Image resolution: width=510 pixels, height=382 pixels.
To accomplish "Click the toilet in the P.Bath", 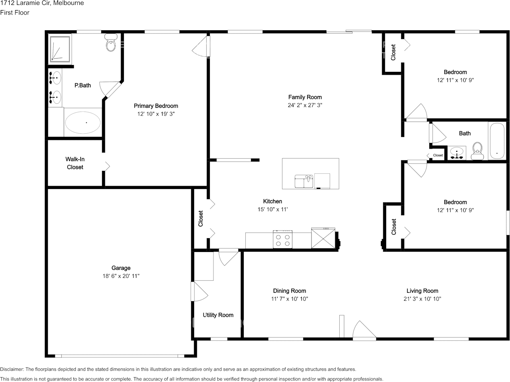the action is click(111, 42).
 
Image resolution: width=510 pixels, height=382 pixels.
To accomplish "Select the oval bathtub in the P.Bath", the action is click(83, 122).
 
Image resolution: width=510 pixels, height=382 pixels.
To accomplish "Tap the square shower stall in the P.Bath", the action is click(60, 49).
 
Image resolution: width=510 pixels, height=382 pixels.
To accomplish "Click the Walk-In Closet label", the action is click(75, 163).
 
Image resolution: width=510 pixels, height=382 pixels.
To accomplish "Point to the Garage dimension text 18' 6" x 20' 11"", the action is click(121, 276).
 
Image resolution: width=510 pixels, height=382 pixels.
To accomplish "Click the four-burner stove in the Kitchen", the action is click(282, 239).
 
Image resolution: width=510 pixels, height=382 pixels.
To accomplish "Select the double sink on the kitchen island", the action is click(304, 181).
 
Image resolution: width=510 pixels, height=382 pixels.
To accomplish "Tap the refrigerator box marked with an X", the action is click(323, 238).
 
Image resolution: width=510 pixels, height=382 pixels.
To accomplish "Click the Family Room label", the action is click(305, 97).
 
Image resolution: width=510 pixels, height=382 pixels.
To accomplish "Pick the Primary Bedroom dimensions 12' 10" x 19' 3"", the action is click(156, 114).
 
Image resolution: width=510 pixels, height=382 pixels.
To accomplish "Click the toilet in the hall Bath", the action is click(477, 151).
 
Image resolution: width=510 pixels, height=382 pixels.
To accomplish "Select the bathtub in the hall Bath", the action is click(497, 141).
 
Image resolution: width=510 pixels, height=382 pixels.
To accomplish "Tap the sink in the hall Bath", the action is click(457, 153).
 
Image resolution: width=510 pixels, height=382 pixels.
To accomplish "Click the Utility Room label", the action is click(218, 315).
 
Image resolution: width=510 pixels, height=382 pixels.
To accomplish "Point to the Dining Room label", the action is click(289, 291).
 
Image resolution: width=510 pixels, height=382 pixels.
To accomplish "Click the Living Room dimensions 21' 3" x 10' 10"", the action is click(422, 299).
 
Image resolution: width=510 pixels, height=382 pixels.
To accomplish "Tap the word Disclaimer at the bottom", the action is click(12, 369).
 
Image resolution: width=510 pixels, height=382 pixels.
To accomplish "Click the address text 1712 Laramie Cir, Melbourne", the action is click(42, 3).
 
